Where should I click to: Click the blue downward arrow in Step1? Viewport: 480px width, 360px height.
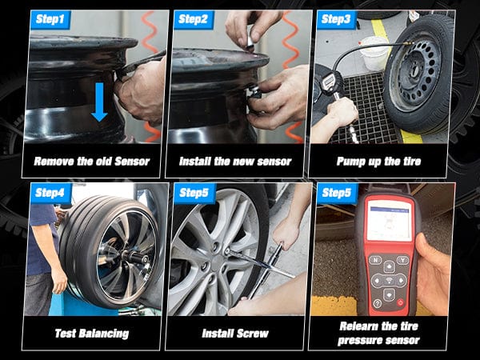click(x=98, y=102)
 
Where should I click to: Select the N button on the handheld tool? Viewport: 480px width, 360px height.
click(x=374, y=260)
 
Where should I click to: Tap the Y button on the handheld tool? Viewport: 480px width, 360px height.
click(x=406, y=260)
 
